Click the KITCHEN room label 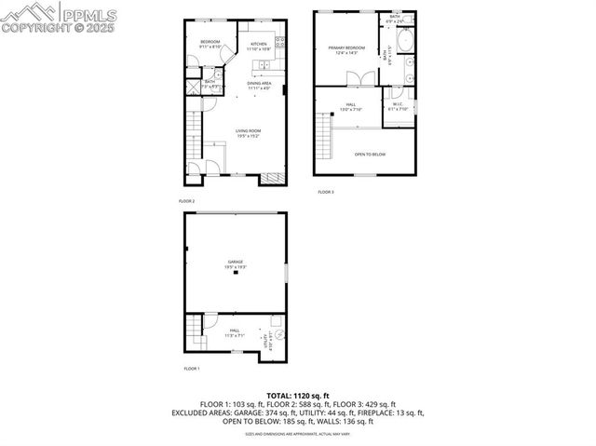click(x=259, y=44)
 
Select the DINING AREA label click(x=259, y=84)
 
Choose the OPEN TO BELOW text click(x=370, y=155)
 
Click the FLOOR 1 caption click(x=191, y=369)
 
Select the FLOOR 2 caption click(x=187, y=201)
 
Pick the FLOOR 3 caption click(x=325, y=192)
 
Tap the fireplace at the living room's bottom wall click(x=272, y=177)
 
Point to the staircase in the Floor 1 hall click(x=195, y=328)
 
